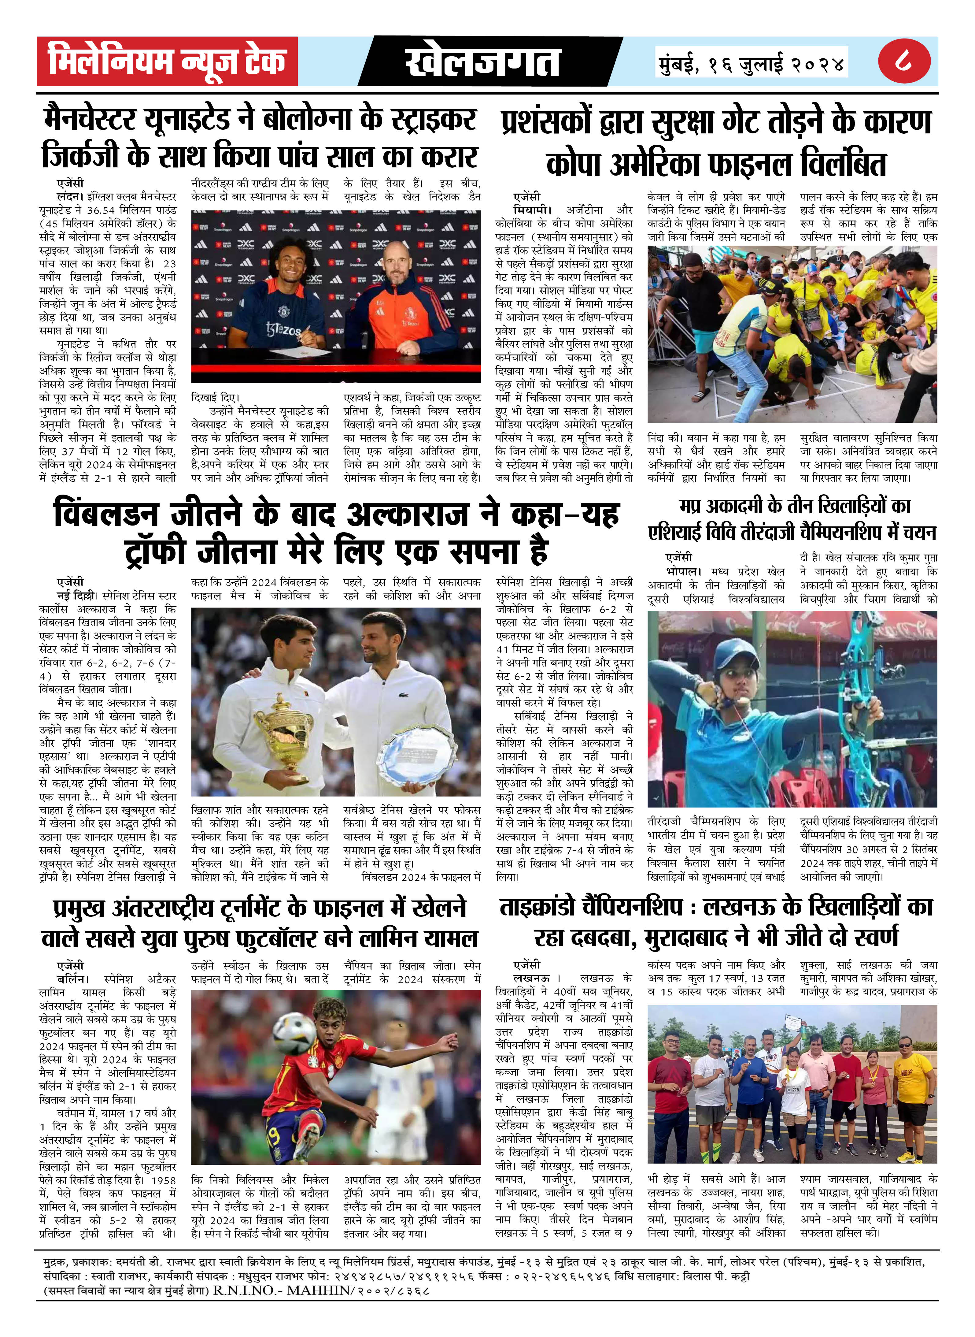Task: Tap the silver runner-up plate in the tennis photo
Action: (x=417, y=758)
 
